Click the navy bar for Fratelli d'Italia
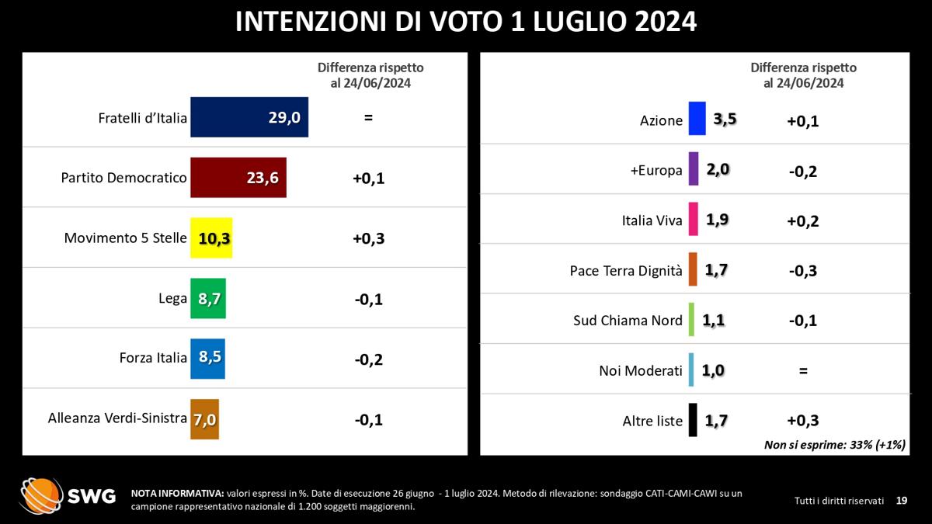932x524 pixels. pos(249,117)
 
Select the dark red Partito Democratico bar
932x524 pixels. pos(238,178)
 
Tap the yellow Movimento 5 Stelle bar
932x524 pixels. pos(211,238)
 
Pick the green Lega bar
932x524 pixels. pos(208,298)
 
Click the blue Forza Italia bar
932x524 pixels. pos(207,358)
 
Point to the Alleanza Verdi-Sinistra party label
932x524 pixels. pos(117,418)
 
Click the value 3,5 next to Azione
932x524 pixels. pos(724,120)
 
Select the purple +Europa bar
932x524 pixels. pos(693,170)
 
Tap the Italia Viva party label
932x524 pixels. pos(652,220)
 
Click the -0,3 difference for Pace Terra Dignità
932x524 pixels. pos(803,271)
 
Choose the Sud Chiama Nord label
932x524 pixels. pos(628,321)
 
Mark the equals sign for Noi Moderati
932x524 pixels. pos(803,371)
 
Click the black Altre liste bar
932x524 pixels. pos(692,421)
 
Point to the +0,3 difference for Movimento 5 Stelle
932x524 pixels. pos(368,238)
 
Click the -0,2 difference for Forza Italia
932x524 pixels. pos(368,359)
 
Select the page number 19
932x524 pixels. pos(901,501)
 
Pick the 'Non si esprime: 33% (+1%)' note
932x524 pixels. pos(836,445)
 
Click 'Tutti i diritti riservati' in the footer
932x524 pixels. pos(839,501)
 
